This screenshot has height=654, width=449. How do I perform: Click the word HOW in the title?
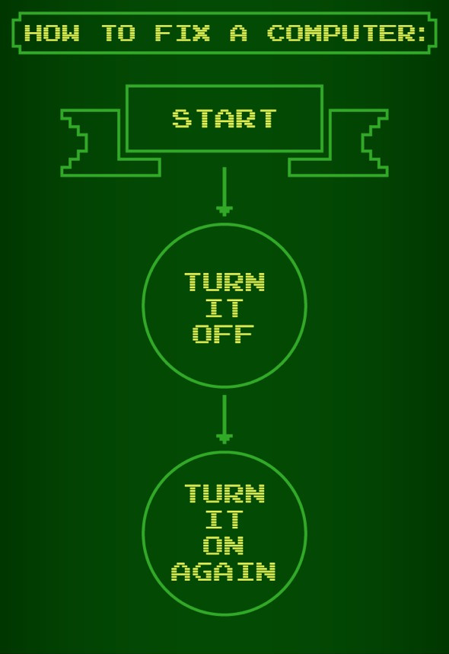52,33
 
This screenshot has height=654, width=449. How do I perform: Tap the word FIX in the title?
182,33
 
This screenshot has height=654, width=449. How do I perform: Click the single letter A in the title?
239,33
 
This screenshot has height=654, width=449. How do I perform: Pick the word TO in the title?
119,33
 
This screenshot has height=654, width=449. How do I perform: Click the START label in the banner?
224,118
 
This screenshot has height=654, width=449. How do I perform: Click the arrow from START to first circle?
224,191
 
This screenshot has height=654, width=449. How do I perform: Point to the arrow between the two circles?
224,419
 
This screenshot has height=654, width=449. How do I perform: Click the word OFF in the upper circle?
223,334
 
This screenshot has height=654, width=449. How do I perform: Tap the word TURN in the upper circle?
224,281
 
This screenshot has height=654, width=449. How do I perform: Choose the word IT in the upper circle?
224,308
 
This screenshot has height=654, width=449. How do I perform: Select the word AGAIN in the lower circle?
224,572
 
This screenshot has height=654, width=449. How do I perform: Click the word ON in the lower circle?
224,545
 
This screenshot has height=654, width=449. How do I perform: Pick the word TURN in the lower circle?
224,493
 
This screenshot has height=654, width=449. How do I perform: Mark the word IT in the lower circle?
224,519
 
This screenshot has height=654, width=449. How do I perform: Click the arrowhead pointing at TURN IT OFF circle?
224,210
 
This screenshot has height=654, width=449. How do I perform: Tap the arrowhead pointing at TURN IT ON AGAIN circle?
224,438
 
